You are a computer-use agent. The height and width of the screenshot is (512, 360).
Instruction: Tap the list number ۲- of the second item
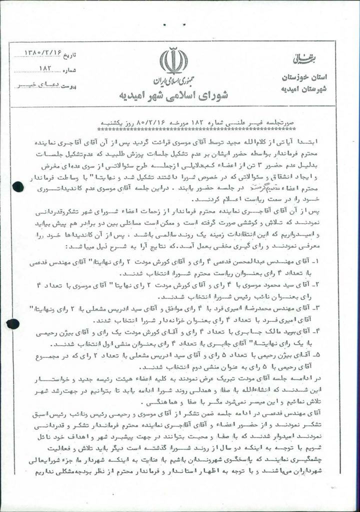point(334,286)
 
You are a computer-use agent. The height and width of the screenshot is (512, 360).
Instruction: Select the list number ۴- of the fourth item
point(334,331)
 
